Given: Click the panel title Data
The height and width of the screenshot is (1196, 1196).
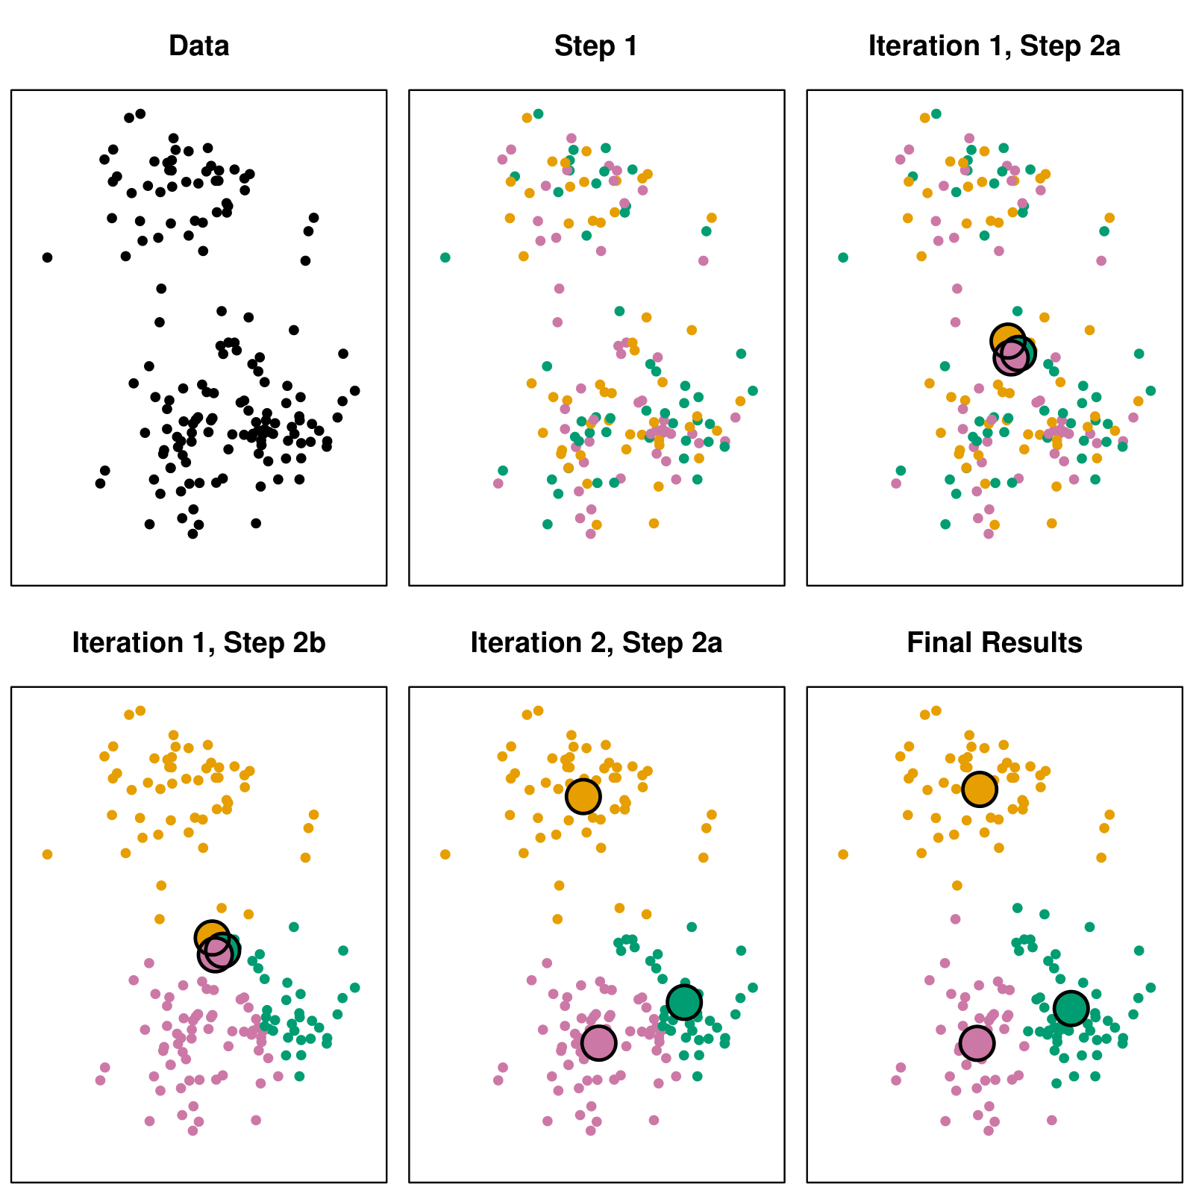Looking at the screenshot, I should [x=198, y=46].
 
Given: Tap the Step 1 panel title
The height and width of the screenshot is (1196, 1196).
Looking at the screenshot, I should [x=596, y=46].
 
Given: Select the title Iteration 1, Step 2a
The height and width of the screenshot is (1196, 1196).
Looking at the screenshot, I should [x=994, y=46].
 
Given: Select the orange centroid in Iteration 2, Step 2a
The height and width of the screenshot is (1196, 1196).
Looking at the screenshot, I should [x=583, y=796].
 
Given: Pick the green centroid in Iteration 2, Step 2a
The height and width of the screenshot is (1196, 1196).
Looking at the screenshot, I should [x=683, y=1001].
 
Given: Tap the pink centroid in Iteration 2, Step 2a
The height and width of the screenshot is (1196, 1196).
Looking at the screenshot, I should [x=598, y=1042].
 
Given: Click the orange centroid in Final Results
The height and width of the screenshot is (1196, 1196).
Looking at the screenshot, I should [x=979, y=789].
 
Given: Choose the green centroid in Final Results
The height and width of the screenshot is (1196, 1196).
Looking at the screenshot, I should [x=1071, y=1009].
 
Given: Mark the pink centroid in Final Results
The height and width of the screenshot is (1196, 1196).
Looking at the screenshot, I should [x=977, y=1042].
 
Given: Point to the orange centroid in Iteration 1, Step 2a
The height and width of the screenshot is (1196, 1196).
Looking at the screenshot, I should [x=1007, y=340].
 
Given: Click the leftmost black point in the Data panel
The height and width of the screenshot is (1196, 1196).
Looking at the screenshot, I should [x=47, y=257].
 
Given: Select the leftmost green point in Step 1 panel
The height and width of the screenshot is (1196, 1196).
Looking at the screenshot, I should [x=445, y=257].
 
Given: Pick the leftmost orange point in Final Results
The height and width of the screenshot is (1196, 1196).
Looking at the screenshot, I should [x=843, y=854].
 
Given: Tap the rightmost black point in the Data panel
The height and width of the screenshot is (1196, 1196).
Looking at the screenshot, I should [x=354, y=390].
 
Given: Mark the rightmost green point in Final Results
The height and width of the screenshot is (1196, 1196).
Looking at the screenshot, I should [x=1150, y=987].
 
